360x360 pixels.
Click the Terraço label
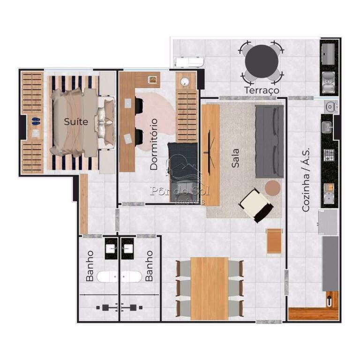(x=262, y=90)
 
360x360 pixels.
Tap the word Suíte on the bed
(x=76, y=121)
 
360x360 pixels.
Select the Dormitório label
(x=154, y=144)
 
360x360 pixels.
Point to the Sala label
(x=235, y=158)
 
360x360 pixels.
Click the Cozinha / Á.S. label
(x=306, y=180)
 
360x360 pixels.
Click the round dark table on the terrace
(x=262, y=61)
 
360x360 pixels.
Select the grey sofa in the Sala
(x=270, y=142)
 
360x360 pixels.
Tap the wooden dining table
(x=210, y=288)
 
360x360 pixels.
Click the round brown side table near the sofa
(x=273, y=188)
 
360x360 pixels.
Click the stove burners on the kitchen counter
(x=329, y=155)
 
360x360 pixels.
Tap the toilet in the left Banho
(x=107, y=277)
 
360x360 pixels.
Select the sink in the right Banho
(x=127, y=248)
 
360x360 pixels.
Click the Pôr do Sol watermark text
(x=180, y=191)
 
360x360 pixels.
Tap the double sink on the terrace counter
(x=329, y=82)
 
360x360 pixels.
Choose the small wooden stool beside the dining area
(x=274, y=241)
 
